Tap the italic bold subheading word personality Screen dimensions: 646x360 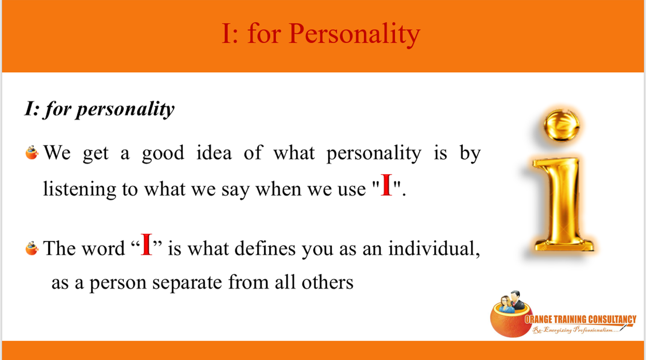click(125, 109)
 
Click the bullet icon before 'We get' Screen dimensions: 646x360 click(32, 153)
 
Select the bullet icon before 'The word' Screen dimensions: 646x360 click(32, 248)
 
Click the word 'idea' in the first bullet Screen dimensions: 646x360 click(214, 153)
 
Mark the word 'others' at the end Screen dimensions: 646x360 click(327, 282)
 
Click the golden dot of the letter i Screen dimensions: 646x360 click(562, 125)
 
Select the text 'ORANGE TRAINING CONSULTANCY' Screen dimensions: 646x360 click(580, 319)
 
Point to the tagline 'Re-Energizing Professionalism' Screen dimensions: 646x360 click(576, 329)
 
